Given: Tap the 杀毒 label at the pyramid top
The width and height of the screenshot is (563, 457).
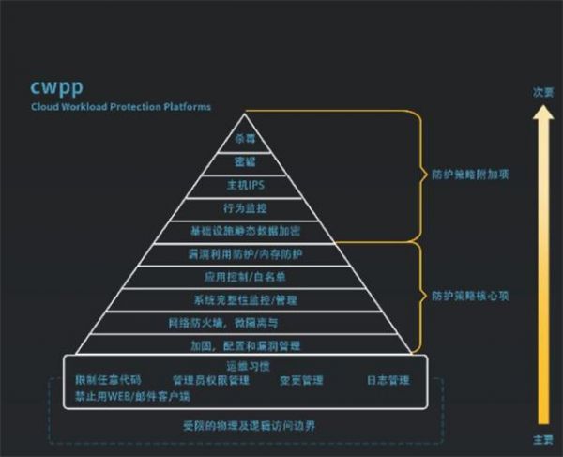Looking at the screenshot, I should pyautogui.click(x=245, y=139).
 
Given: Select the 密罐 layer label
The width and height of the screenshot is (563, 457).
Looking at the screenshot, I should pyautogui.click(x=245, y=162).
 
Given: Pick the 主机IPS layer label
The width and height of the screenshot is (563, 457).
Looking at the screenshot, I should pyautogui.click(x=244, y=185).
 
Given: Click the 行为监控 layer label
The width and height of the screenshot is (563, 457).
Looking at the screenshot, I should pyautogui.click(x=244, y=207).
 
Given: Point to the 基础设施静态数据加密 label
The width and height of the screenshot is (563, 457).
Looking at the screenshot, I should pyautogui.click(x=244, y=230).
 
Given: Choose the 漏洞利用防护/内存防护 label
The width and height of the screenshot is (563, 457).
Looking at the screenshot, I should pyautogui.click(x=244, y=254).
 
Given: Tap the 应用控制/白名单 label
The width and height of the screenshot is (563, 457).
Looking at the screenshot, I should pyautogui.click(x=244, y=278).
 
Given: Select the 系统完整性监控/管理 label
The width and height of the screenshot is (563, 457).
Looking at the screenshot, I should pyautogui.click(x=244, y=300).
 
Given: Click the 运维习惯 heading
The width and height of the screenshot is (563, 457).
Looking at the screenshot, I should pyautogui.click(x=244, y=365).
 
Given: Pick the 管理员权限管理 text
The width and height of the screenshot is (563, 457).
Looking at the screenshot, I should pyautogui.click(x=211, y=380).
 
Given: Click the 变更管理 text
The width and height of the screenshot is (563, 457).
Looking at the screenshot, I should pyautogui.click(x=300, y=380).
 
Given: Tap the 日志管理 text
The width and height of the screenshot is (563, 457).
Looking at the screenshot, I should pyautogui.click(x=388, y=380).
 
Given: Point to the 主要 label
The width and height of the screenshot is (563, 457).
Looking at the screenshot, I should pyautogui.click(x=541, y=439).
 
